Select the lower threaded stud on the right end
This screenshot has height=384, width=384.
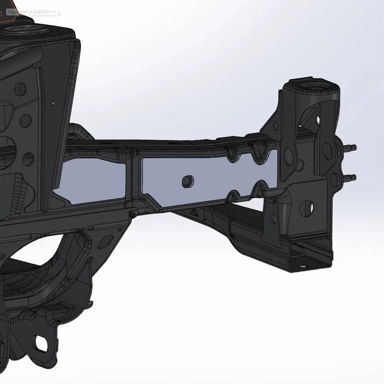point(350,177)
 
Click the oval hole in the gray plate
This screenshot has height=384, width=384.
point(187,181)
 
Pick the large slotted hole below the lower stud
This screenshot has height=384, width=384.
point(306,208)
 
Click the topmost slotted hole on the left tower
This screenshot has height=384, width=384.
point(20,89)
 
